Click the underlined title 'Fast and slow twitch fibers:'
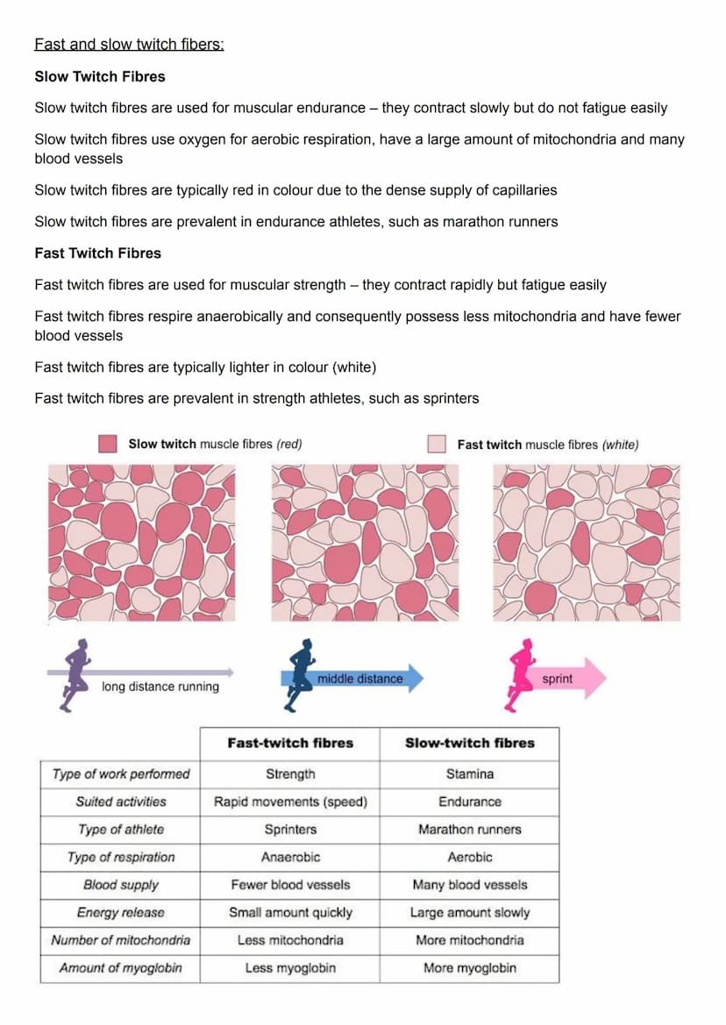click(129, 44)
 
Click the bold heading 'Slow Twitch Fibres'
click(100, 76)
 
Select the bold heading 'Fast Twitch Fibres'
click(98, 253)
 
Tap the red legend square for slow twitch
click(108, 444)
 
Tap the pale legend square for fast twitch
click(437, 444)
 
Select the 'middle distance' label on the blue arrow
click(359, 679)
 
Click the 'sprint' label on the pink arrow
click(557, 679)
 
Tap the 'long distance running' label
click(160, 687)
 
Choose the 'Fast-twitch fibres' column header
click(290, 744)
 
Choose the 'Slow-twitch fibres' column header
click(469, 744)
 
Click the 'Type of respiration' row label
click(121, 858)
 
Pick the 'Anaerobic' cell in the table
click(290, 858)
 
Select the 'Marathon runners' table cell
click(469, 829)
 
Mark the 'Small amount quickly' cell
click(290, 913)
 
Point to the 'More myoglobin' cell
click(469, 969)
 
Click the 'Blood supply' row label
click(121, 886)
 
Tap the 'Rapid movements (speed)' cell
click(290, 801)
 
